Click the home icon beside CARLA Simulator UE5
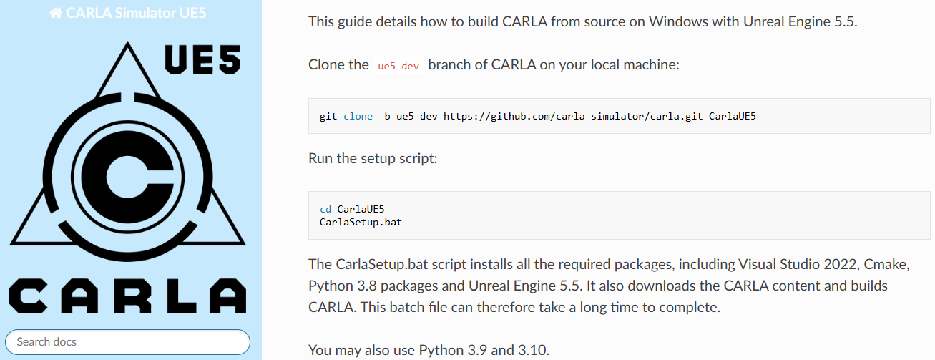pos(55,13)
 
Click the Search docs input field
pos(127,341)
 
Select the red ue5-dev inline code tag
pos(398,65)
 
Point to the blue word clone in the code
pos(358,116)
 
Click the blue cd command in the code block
pos(325,209)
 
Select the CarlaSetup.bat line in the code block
pos(361,222)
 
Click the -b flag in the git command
pos(383,116)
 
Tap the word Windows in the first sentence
pos(675,21)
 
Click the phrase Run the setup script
pos(373,157)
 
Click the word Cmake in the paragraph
pos(888,265)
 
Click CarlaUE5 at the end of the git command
pos(733,116)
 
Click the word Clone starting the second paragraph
pos(328,64)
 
